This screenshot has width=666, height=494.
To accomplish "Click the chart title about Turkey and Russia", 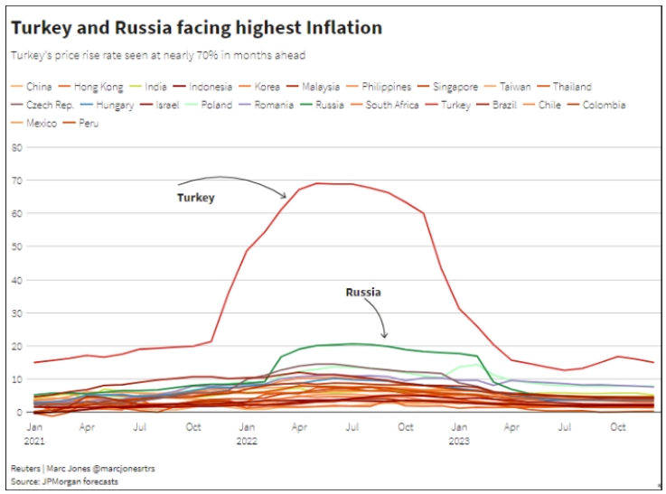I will coord(196,29).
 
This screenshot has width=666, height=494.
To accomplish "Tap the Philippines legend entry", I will coord(386,87).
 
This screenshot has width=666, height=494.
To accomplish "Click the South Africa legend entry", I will coord(391,105).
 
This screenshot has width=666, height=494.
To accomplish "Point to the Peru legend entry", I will coord(89,123).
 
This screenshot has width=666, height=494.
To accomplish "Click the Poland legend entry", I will coord(214,105).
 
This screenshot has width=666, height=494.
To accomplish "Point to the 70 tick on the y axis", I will coord(15,181).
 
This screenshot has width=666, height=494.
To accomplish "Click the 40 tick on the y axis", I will coord(15,280).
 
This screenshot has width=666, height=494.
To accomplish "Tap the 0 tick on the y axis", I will coord(18,412).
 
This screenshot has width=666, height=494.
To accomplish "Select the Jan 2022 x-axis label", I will coord(246,433).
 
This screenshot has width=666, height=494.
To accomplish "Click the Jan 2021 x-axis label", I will coord(34,433).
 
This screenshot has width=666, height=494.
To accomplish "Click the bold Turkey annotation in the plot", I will coord(195,198).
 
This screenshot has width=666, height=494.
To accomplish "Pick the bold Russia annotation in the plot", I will coord(362,293).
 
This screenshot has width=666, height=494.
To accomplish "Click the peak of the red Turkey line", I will coord(319,183).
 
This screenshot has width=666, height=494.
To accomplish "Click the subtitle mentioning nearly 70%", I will coord(157,56).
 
